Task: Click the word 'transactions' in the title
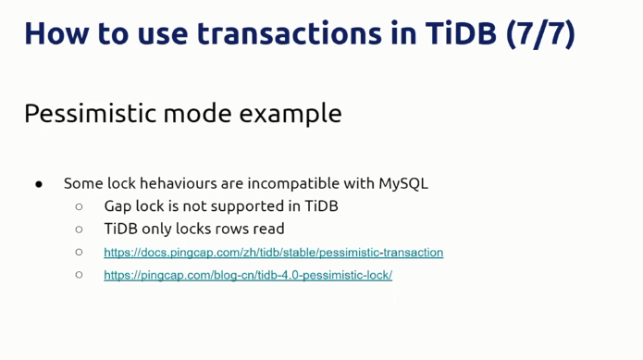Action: pyautogui.click(x=289, y=33)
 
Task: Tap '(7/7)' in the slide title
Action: pyautogui.click(x=540, y=34)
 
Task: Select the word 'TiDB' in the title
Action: pyautogui.click(x=461, y=32)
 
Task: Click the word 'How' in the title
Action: pyautogui.click(x=56, y=33)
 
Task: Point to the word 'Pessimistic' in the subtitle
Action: pyautogui.click(x=90, y=113)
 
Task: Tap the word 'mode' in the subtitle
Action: pyautogui.click(x=198, y=114)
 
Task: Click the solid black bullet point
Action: pyautogui.click(x=39, y=184)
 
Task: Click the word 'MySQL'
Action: pyautogui.click(x=403, y=183)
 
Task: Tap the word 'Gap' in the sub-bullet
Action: pyautogui.click(x=117, y=206)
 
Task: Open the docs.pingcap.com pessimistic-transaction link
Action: pyautogui.click(x=274, y=252)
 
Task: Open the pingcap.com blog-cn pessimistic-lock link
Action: pyautogui.click(x=248, y=275)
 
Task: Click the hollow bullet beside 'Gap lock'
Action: pyautogui.click(x=80, y=206)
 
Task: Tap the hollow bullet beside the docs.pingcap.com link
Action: pyautogui.click(x=80, y=252)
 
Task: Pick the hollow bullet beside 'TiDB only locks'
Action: pyautogui.click(x=80, y=230)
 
